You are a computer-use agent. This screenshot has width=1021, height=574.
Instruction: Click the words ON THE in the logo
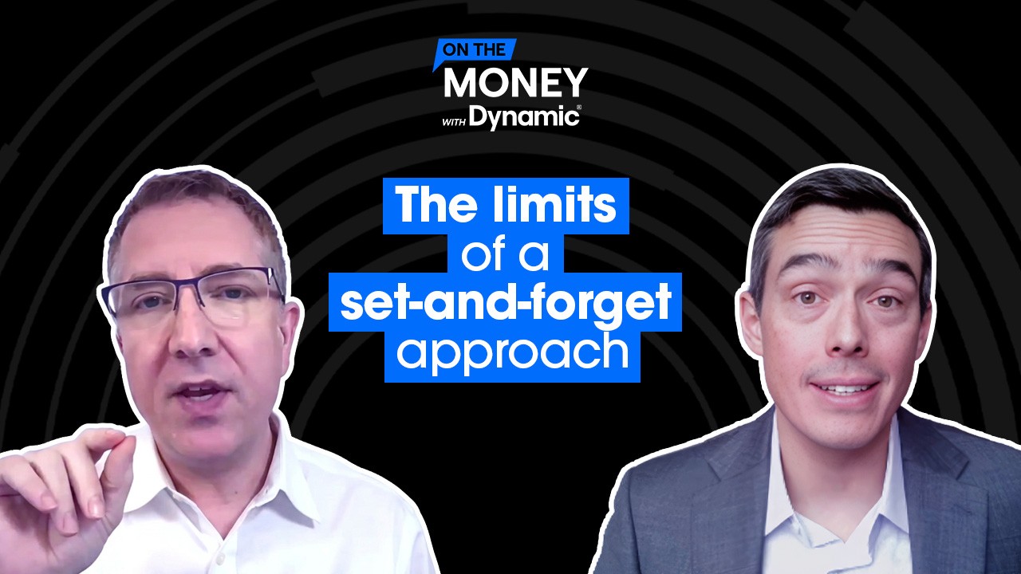[474, 49]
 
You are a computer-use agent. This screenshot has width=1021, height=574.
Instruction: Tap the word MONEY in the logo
[515, 83]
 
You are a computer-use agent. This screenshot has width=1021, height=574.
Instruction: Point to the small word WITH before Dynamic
[454, 122]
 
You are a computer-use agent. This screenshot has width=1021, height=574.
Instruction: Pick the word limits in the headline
[550, 205]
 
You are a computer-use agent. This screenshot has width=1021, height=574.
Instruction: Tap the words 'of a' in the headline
[505, 254]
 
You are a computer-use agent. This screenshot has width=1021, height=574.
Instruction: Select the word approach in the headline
[512, 355]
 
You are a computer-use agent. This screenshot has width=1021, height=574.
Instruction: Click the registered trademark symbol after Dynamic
[579, 108]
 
